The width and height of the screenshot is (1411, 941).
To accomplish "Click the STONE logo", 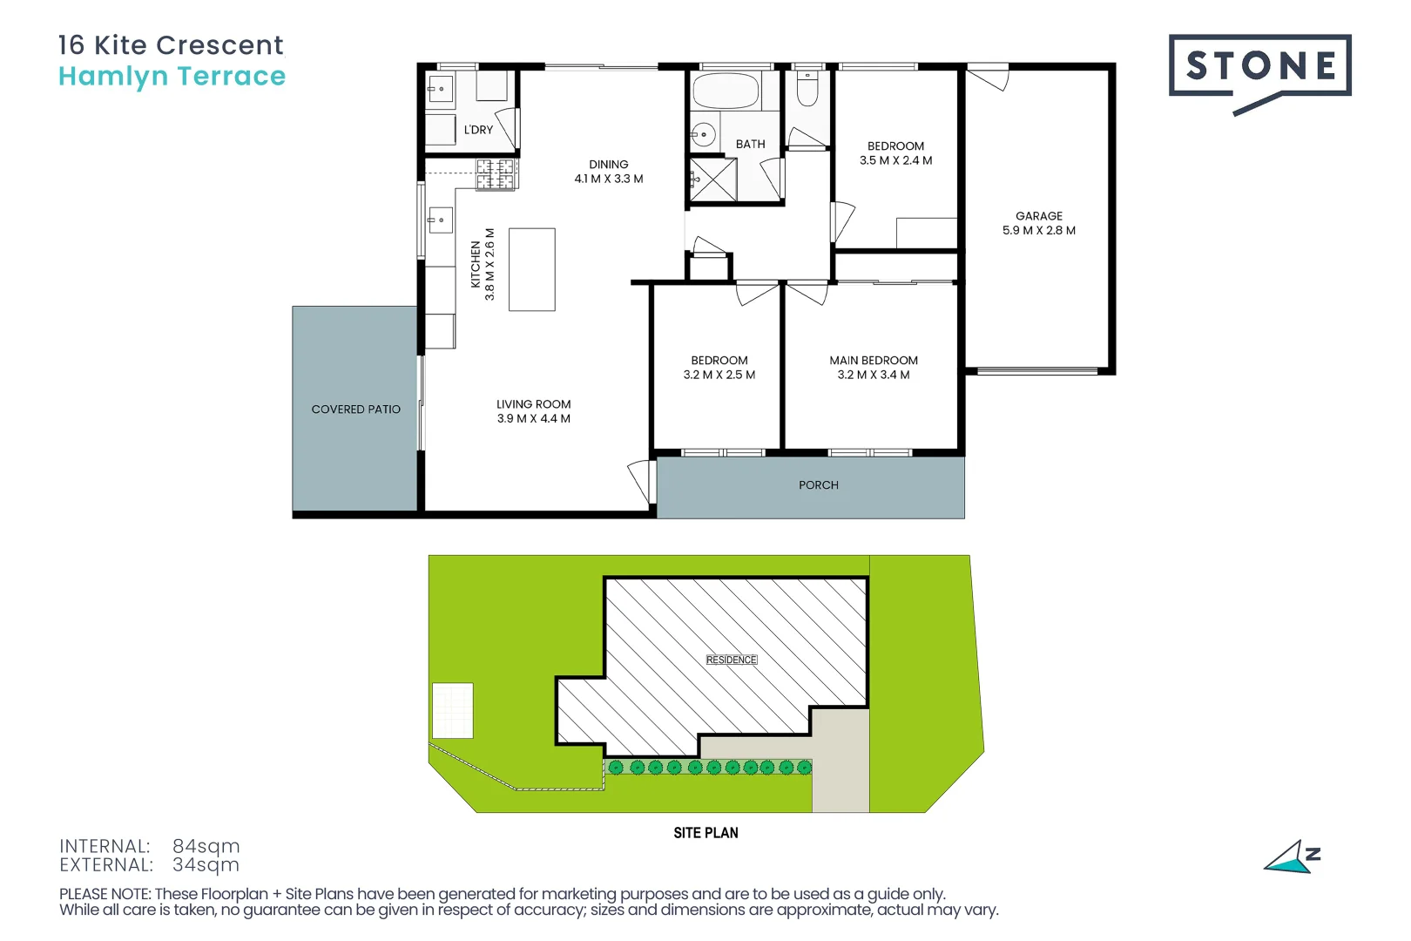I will [1259, 66].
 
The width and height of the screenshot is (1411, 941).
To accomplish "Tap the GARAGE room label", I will [1038, 216].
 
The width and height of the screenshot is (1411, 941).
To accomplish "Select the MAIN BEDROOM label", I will [873, 361].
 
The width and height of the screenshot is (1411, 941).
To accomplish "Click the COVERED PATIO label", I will [355, 410].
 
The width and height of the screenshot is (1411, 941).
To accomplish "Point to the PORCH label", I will [818, 485].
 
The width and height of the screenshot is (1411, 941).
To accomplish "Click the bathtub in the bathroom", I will [726, 91].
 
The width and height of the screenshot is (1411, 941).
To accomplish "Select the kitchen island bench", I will [531, 269].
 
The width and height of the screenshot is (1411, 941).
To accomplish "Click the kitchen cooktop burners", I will [496, 174].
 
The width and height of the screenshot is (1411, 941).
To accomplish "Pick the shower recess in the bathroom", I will [713, 179].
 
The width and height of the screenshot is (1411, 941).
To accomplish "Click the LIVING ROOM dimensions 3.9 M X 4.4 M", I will [533, 419].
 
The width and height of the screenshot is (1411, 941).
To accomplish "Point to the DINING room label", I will [608, 165].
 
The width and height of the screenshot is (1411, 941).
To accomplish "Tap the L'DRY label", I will [478, 130].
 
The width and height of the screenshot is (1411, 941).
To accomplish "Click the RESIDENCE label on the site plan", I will [731, 660].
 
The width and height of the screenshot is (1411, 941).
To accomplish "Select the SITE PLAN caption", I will [705, 833].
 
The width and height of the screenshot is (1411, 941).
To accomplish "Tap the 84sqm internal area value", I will [206, 846].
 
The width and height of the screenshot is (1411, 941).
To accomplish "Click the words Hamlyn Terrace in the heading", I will [172, 77].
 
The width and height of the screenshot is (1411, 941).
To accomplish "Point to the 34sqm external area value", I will [206, 865].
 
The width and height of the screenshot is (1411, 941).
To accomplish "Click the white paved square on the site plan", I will [453, 710].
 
